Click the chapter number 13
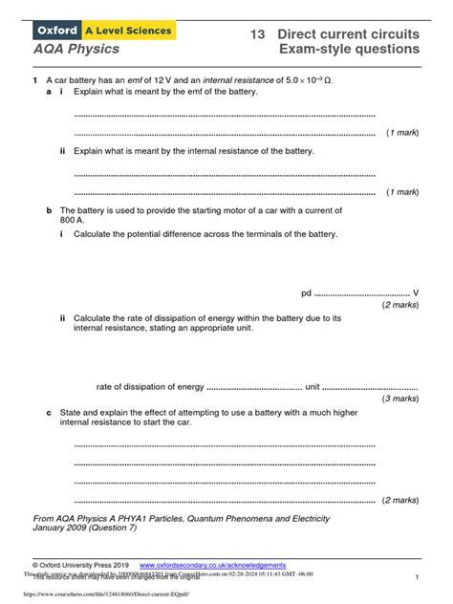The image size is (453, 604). coord(256,33)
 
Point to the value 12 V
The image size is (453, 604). coord(168,82)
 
